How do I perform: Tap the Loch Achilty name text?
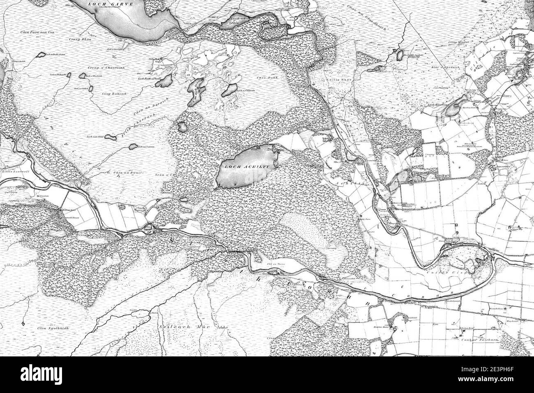point(246,167)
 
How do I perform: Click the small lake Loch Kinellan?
point(454,109)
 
